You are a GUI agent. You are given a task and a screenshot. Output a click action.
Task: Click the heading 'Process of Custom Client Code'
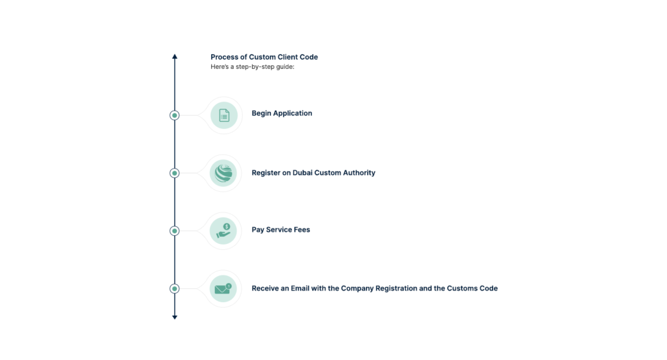[264, 57]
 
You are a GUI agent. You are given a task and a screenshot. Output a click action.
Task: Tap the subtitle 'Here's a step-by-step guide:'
[252, 67]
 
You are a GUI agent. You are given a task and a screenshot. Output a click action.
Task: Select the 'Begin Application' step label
[281, 113]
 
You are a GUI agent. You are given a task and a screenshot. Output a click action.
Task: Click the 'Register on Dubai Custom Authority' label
[313, 173]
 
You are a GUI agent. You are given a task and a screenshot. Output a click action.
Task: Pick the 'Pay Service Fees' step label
[281, 230]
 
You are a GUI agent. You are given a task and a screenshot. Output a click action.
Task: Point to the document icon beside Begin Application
[224, 115]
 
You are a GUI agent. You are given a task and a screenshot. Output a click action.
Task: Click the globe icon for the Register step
[223, 173]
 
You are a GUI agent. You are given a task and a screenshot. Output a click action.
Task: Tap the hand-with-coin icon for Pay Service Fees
[223, 231]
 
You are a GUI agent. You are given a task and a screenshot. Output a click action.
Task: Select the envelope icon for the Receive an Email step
[223, 288]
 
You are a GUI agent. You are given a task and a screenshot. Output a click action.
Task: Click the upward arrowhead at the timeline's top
[175, 57]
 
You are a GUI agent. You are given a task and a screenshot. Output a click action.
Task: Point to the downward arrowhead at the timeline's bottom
[175, 317]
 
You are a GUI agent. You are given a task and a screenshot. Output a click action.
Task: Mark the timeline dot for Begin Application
[175, 115]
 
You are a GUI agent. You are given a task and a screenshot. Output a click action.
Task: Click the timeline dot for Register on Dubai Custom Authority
[175, 173]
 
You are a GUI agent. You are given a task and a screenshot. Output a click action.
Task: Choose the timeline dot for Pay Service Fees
[175, 231]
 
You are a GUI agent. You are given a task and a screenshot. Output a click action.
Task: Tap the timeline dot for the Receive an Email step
[175, 288]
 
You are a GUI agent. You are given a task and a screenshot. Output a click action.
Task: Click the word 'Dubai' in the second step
[302, 173]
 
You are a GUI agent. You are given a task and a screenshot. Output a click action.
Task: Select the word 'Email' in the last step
[300, 288]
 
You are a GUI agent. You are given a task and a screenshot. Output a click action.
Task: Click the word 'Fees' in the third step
[302, 230]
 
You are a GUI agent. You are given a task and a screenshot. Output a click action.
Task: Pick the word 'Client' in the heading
[287, 57]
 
